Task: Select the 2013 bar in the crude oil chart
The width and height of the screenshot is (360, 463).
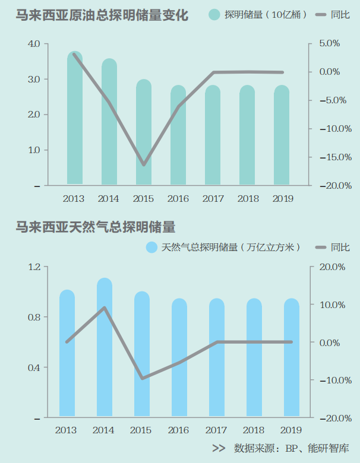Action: [x=75, y=119]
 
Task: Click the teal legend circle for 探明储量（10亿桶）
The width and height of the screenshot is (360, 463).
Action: [x=214, y=15]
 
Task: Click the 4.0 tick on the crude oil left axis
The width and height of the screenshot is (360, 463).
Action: [x=33, y=44]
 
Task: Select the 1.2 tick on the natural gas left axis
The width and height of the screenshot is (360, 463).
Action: [x=33, y=267]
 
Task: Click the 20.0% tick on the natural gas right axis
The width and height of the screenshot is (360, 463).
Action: [x=331, y=267]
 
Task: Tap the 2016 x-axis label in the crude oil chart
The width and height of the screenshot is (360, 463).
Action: [x=178, y=199]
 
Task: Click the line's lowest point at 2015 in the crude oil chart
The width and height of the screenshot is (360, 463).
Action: [x=144, y=164]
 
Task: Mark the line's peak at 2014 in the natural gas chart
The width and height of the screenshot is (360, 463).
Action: [x=105, y=307]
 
